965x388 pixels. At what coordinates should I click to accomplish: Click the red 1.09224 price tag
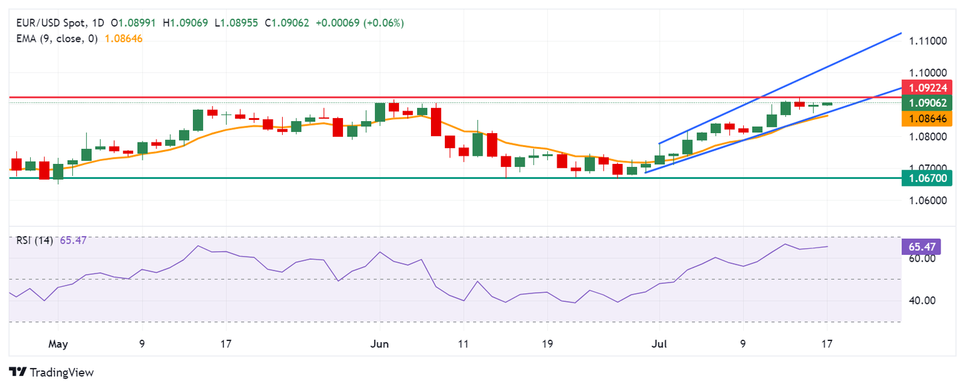tap(927, 88)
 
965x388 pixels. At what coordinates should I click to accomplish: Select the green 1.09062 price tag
tap(927, 103)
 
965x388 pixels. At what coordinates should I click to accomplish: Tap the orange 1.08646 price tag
tap(927, 118)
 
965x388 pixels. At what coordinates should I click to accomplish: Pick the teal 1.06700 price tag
tap(927, 179)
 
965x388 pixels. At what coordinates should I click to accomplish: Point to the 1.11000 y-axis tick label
tap(927, 41)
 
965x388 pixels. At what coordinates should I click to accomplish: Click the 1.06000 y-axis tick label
tap(927, 201)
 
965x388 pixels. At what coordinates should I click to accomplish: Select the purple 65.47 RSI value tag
tap(919, 246)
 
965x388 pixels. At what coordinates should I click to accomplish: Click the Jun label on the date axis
tap(379, 344)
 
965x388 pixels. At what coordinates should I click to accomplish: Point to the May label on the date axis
tap(57, 344)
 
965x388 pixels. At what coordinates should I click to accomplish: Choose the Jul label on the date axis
tap(660, 344)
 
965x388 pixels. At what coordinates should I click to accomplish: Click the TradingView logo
tap(52, 372)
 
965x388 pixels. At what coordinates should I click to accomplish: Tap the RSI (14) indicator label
tap(33, 240)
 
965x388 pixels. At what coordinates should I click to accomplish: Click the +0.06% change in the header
tap(384, 23)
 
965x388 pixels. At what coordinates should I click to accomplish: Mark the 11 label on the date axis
tap(463, 344)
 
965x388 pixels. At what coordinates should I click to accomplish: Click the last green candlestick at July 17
tap(827, 104)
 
